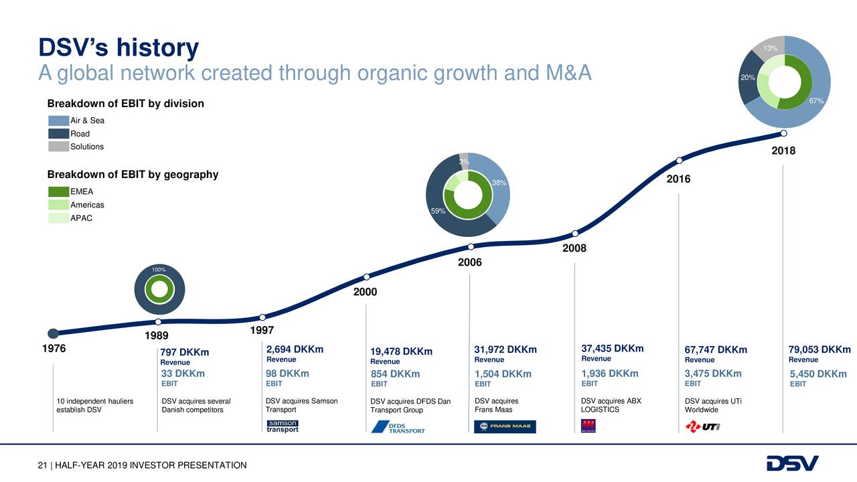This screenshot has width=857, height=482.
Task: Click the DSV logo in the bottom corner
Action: tap(792, 463)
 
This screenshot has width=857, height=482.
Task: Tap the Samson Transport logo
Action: tap(283, 426)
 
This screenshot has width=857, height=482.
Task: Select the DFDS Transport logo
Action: tap(398, 427)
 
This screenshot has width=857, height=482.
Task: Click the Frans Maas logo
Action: tap(505, 427)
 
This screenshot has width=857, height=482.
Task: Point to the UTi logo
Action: tap(702, 426)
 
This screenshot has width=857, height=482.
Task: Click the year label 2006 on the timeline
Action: tap(469, 262)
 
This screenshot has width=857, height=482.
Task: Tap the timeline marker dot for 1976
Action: tap(54, 333)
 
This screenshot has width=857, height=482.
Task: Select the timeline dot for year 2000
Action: tap(367, 277)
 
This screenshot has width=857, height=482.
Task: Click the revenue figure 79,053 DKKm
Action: tap(820, 350)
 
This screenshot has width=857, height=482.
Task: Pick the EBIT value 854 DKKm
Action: tap(395, 374)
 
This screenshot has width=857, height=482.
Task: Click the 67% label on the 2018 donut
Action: tap(815, 101)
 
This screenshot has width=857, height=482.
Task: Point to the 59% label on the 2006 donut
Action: tap(438, 211)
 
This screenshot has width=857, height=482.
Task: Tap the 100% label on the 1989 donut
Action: tap(158, 270)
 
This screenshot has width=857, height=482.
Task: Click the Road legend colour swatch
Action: tap(58, 133)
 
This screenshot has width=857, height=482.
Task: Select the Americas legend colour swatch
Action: tap(58, 205)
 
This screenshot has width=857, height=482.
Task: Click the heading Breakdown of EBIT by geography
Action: tap(133, 175)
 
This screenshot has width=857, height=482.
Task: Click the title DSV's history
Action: tap(119, 48)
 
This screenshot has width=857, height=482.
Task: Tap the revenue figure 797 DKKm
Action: tap(185, 352)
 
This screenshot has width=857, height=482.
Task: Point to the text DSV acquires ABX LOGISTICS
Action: tap(611, 405)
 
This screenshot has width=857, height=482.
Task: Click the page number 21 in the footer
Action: tap(42, 465)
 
